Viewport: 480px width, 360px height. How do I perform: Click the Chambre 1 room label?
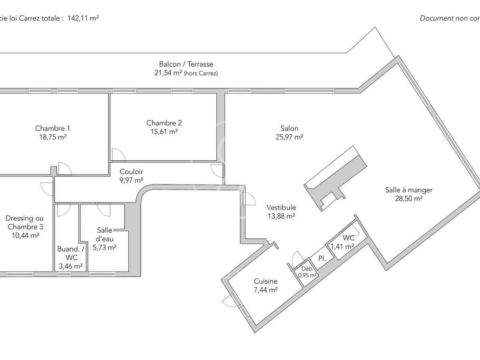pos(52,128)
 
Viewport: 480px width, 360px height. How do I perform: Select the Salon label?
pos(289,128)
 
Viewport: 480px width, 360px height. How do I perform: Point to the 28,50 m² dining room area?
pos(409,198)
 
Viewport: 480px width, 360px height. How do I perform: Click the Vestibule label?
pos(282,207)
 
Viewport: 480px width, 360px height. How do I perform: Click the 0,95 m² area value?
pos(308,275)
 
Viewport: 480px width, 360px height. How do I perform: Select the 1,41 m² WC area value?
pos(342,246)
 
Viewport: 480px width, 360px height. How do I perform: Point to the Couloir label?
pos(131,172)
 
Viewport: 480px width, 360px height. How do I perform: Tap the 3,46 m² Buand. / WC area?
pos(70,266)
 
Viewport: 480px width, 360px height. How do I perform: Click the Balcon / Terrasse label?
pos(186,64)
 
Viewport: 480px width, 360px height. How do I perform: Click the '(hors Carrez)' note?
pos(201,73)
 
